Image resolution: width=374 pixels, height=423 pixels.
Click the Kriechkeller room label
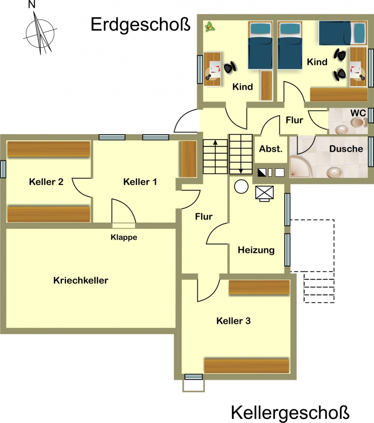pos(81,280)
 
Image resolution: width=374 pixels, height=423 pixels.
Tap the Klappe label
pos(124,237)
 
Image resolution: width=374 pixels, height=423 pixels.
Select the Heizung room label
pos(256,250)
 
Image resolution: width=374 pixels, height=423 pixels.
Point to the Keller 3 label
pos(234,321)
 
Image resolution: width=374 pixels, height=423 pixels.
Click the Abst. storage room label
pos(271,149)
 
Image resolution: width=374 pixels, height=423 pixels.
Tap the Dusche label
pos(346,149)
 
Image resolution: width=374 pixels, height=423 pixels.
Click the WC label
pos(358,113)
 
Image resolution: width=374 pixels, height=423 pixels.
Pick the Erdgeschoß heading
pos(140,25)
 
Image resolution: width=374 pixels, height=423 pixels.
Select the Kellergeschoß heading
pos(290,413)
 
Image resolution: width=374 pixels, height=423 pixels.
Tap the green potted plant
pos(209,27)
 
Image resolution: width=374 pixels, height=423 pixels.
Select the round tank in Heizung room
pos(241,187)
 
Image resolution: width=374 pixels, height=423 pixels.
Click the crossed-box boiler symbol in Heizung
pos(264,194)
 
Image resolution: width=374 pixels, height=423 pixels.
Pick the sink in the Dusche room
pos(335,172)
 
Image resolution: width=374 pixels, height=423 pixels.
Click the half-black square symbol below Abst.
pos(262,172)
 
